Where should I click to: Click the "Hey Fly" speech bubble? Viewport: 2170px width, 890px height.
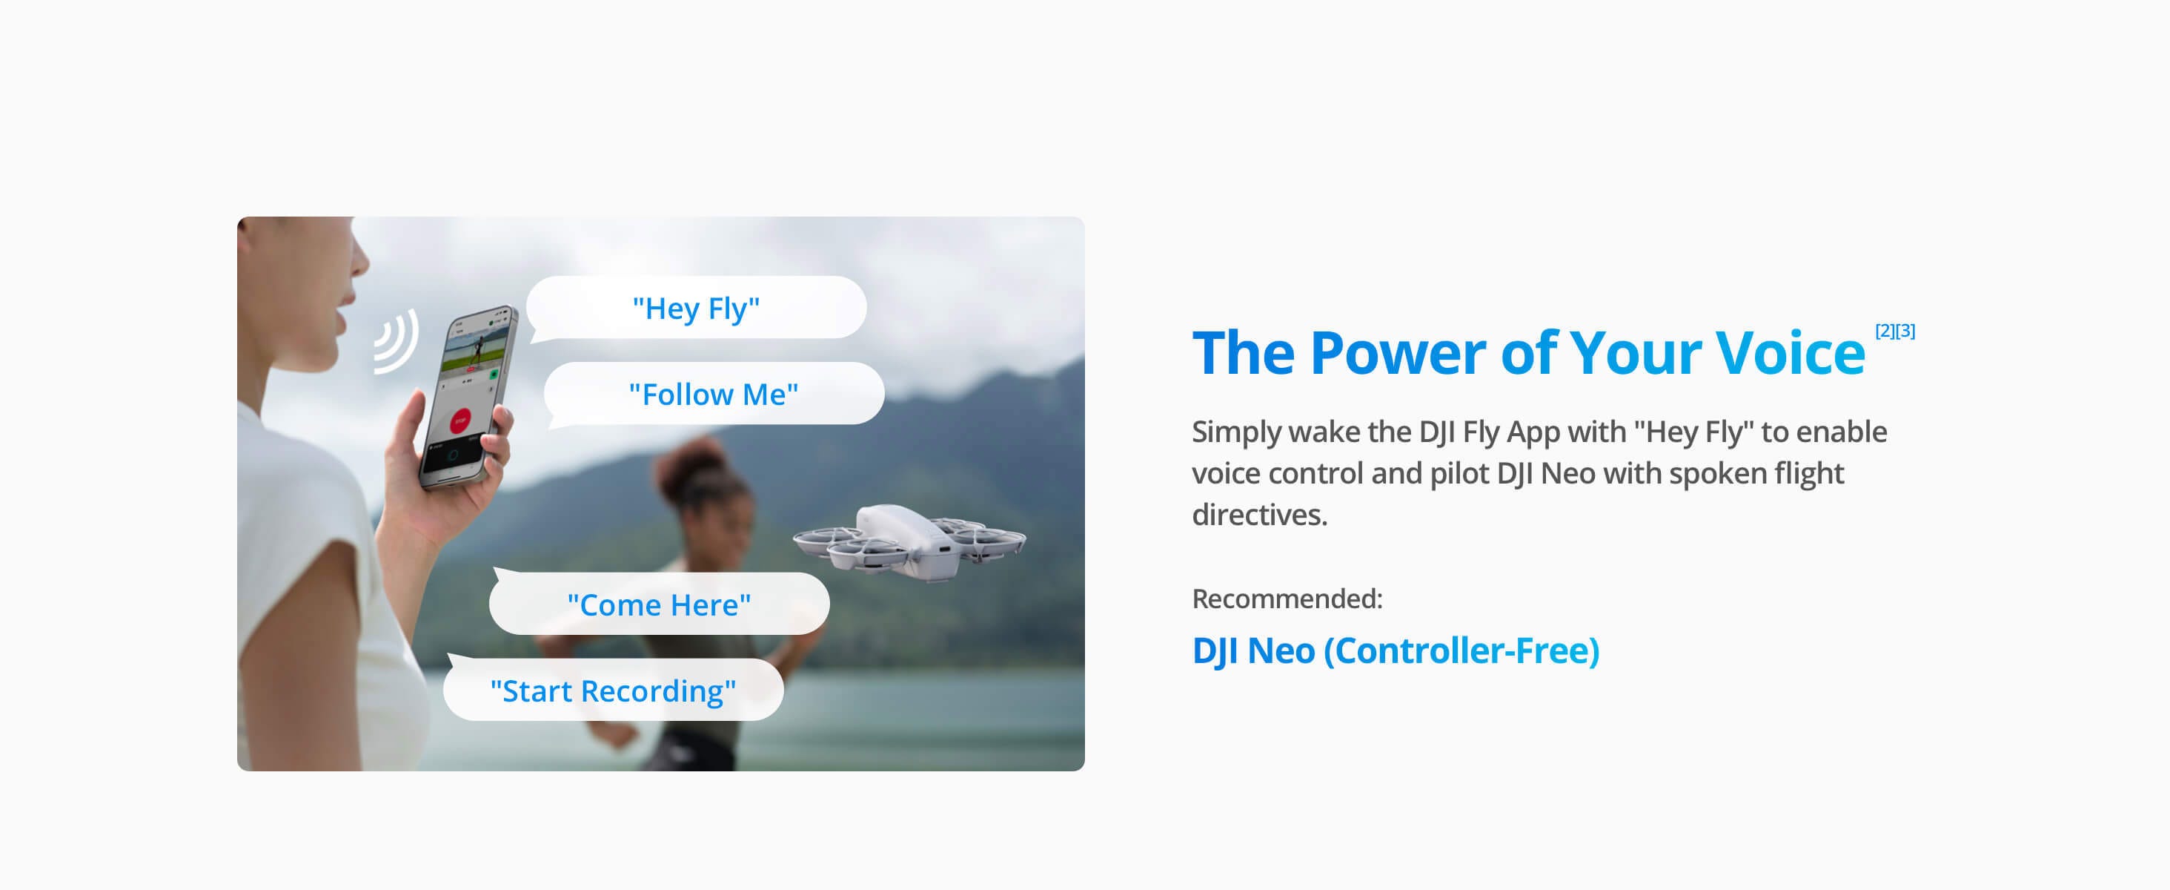click(696, 308)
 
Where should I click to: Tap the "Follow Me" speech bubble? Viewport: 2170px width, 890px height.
click(714, 394)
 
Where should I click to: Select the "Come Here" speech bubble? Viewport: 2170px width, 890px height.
click(659, 604)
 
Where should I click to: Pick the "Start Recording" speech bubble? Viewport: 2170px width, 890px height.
click(613, 690)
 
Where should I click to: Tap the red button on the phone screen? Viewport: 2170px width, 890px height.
click(461, 420)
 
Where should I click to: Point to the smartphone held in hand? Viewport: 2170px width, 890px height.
click(468, 396)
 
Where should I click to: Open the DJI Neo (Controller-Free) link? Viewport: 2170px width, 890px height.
click(1395, 650)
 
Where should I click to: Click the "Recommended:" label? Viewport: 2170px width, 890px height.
click(1287, 599)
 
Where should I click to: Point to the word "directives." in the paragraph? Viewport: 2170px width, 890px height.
click(1258, 515)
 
